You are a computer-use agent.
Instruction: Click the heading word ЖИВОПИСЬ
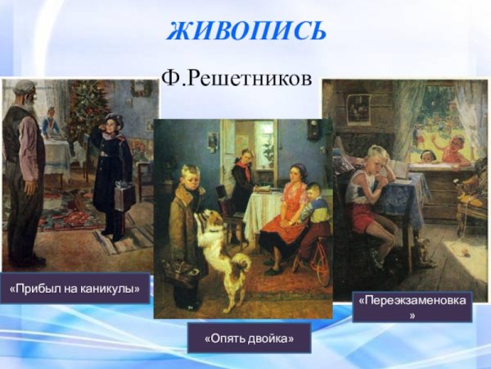pos(246,31)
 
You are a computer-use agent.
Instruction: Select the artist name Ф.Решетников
pos(236,79)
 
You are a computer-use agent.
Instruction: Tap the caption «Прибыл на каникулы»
pos(75,289)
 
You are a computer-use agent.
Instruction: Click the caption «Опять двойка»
pos(249,338)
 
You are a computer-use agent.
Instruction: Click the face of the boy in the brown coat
pos(191,180)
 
